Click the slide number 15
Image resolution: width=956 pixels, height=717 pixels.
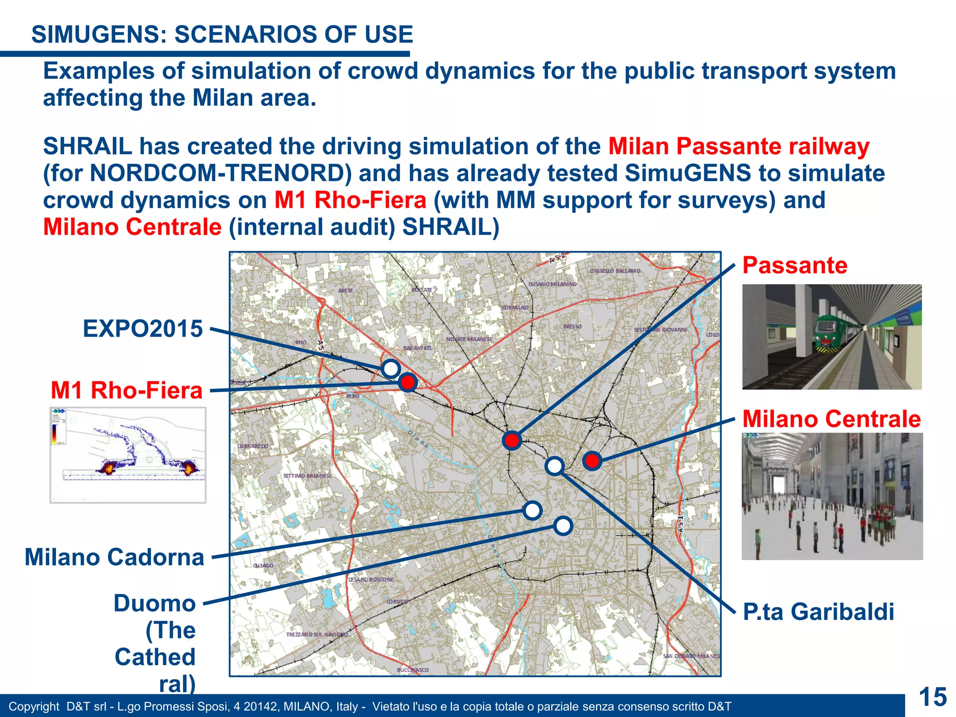tap(933, 697)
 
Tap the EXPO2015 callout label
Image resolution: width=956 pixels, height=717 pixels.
tap(143, 329)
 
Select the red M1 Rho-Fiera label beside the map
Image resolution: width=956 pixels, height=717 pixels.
tap(127, 390)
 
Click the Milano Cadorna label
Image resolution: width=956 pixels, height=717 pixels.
tap(114, 557)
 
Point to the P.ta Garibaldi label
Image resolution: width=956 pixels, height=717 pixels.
tap(818, 612)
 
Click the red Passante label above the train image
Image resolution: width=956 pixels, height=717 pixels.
tap(795, 265)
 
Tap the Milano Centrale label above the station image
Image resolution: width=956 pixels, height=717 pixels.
tap(831, 419)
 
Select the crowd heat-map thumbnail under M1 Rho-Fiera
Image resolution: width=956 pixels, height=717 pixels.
tap(128, 455)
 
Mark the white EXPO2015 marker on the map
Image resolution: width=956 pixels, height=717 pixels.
tap(391, 369)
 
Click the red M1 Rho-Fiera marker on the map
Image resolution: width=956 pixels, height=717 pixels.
tap(408, 383)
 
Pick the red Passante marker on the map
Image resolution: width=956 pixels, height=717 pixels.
tap(512, 440)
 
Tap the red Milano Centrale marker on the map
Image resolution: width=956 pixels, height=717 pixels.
tap(592, 461)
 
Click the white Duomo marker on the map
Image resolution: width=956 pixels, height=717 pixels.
tap(563, 526)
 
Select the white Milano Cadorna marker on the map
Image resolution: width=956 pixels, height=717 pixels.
tap(533, 510)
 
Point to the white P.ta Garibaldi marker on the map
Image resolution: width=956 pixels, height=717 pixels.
tap(555, 465)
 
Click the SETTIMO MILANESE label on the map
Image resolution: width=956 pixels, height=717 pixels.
tap(307, 476)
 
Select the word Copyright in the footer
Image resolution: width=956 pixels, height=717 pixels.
tap(34, 707)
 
